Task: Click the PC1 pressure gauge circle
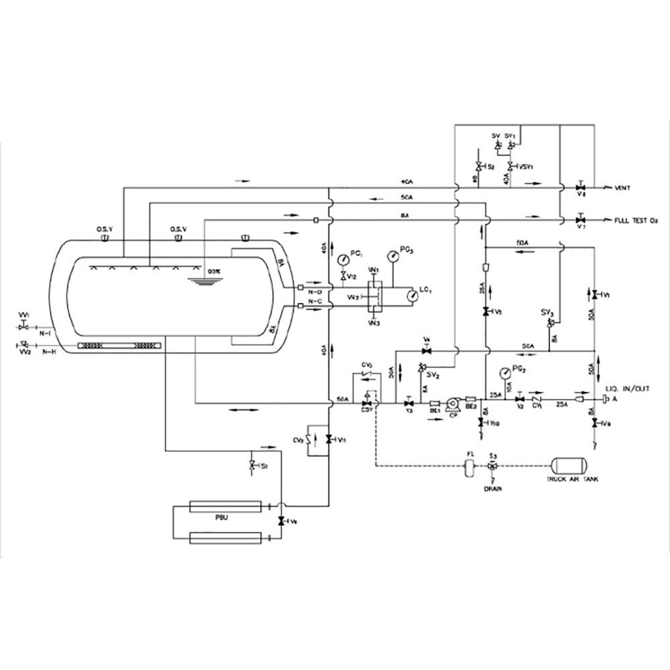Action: pos(343,259)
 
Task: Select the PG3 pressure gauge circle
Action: pos(391,256)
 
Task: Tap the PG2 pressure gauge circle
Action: pos(503,373)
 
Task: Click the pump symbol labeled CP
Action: pos(452,403)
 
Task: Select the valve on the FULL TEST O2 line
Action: pos(580,220)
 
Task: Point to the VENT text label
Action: pos(624,188)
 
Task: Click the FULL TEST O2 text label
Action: pos(633,220)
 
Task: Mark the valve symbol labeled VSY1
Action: pos(511,165)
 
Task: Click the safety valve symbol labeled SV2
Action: pos(422,368)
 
